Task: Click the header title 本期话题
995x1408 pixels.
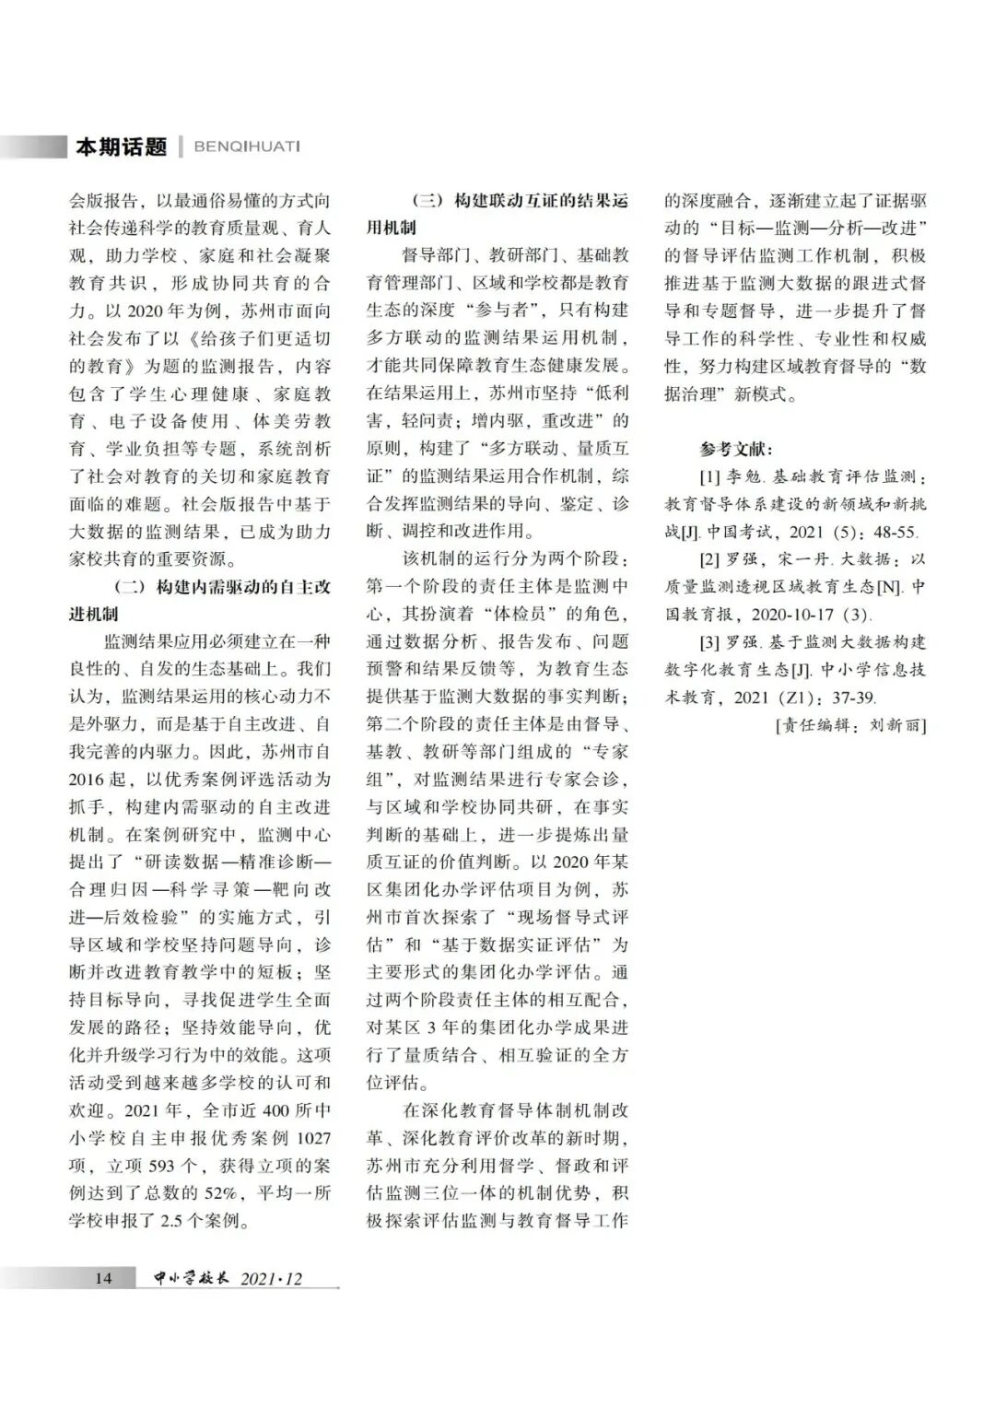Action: pos(121,147)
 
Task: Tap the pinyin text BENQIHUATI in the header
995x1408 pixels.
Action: pos(247,147)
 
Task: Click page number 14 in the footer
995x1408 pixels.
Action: pos(103,1278)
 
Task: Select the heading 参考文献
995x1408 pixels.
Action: pos(736,450)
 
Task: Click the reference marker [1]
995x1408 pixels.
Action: pos(708,477)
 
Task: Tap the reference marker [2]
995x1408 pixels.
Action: pos(708,559)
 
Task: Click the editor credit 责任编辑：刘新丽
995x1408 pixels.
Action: pos(851,725)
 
